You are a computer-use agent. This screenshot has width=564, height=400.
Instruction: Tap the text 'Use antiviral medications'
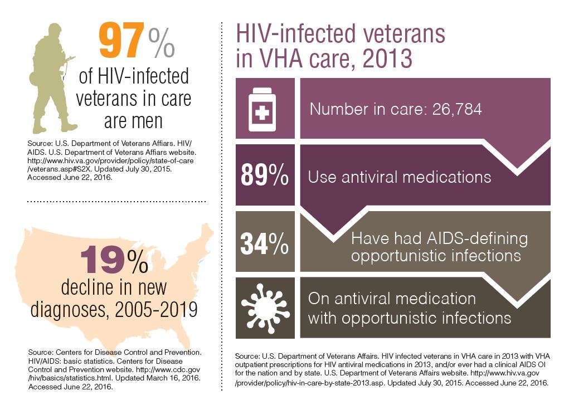(399, 177)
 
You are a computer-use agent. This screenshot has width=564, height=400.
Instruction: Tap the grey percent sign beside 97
(162, 42)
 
